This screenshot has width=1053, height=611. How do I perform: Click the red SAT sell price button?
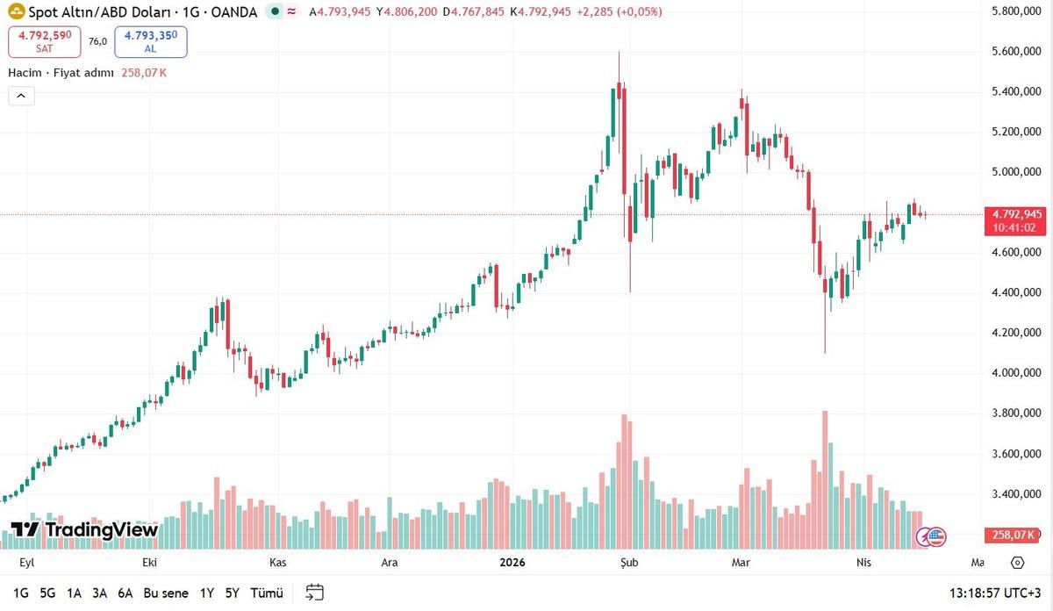point(45,41)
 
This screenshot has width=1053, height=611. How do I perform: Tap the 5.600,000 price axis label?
point(1015,52)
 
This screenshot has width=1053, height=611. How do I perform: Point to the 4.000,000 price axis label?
point(1015,373)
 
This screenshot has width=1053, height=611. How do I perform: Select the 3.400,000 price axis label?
point(1015,494)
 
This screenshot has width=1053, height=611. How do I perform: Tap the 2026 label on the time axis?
point(512,562)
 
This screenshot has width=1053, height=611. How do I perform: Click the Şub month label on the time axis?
point(627,562)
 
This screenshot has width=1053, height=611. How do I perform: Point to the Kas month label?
point(278,562)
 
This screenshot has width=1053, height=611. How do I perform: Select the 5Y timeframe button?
point(232,593)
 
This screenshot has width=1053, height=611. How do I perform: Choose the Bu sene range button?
point(166,593)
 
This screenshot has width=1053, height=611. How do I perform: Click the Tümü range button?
point(266,593)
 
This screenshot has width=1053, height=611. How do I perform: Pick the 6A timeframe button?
point(125,593)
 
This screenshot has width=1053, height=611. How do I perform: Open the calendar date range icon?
point(315,593)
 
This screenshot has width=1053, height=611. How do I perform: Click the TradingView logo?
point(84,529)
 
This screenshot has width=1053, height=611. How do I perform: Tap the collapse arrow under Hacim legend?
point(21,96)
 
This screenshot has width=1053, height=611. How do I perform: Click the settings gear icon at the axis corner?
point(1018,562)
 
